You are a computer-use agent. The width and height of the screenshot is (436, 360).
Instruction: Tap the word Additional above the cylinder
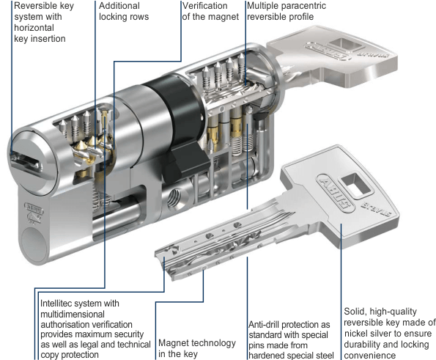(x=119, y=6)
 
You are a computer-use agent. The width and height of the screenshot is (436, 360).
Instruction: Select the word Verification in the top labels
(x=204, y=6)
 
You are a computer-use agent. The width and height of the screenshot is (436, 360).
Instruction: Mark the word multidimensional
(x=73, y=314)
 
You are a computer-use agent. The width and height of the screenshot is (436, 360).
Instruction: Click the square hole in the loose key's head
(x=355, y=185)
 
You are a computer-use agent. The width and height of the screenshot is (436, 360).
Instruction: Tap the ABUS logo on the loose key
(x=335, y=194)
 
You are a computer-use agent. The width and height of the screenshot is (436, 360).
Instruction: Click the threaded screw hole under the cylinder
(x=174, y=198)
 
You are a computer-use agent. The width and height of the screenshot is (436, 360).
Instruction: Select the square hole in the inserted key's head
(x=344, y=45)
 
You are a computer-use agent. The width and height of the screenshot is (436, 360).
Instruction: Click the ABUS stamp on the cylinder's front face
(x=34, y=207)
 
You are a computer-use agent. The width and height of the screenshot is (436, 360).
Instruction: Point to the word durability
(x=362, y=345)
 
